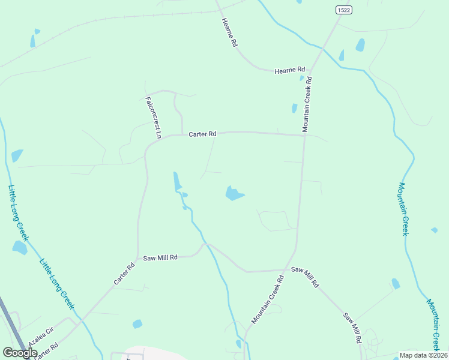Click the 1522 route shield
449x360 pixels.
tap(343, 10)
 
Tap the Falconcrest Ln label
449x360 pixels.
tap(153, 118)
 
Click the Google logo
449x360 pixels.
tap(20, 353)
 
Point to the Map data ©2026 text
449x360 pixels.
tap(423, 355)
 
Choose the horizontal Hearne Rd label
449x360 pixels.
tap(290, 70)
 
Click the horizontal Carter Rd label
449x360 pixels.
tap(202, 134)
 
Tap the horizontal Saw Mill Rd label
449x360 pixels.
tap(160, 257)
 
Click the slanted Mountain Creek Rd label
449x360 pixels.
tap(267, 300)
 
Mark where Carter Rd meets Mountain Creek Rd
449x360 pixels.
tap(304, 135)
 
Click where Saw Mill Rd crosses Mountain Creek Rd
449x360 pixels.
tap(285, 270)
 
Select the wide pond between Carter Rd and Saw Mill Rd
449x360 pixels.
tap(234, 193)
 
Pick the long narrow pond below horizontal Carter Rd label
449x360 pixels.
tap(176, 181)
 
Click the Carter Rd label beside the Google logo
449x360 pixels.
tap(46, 352)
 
